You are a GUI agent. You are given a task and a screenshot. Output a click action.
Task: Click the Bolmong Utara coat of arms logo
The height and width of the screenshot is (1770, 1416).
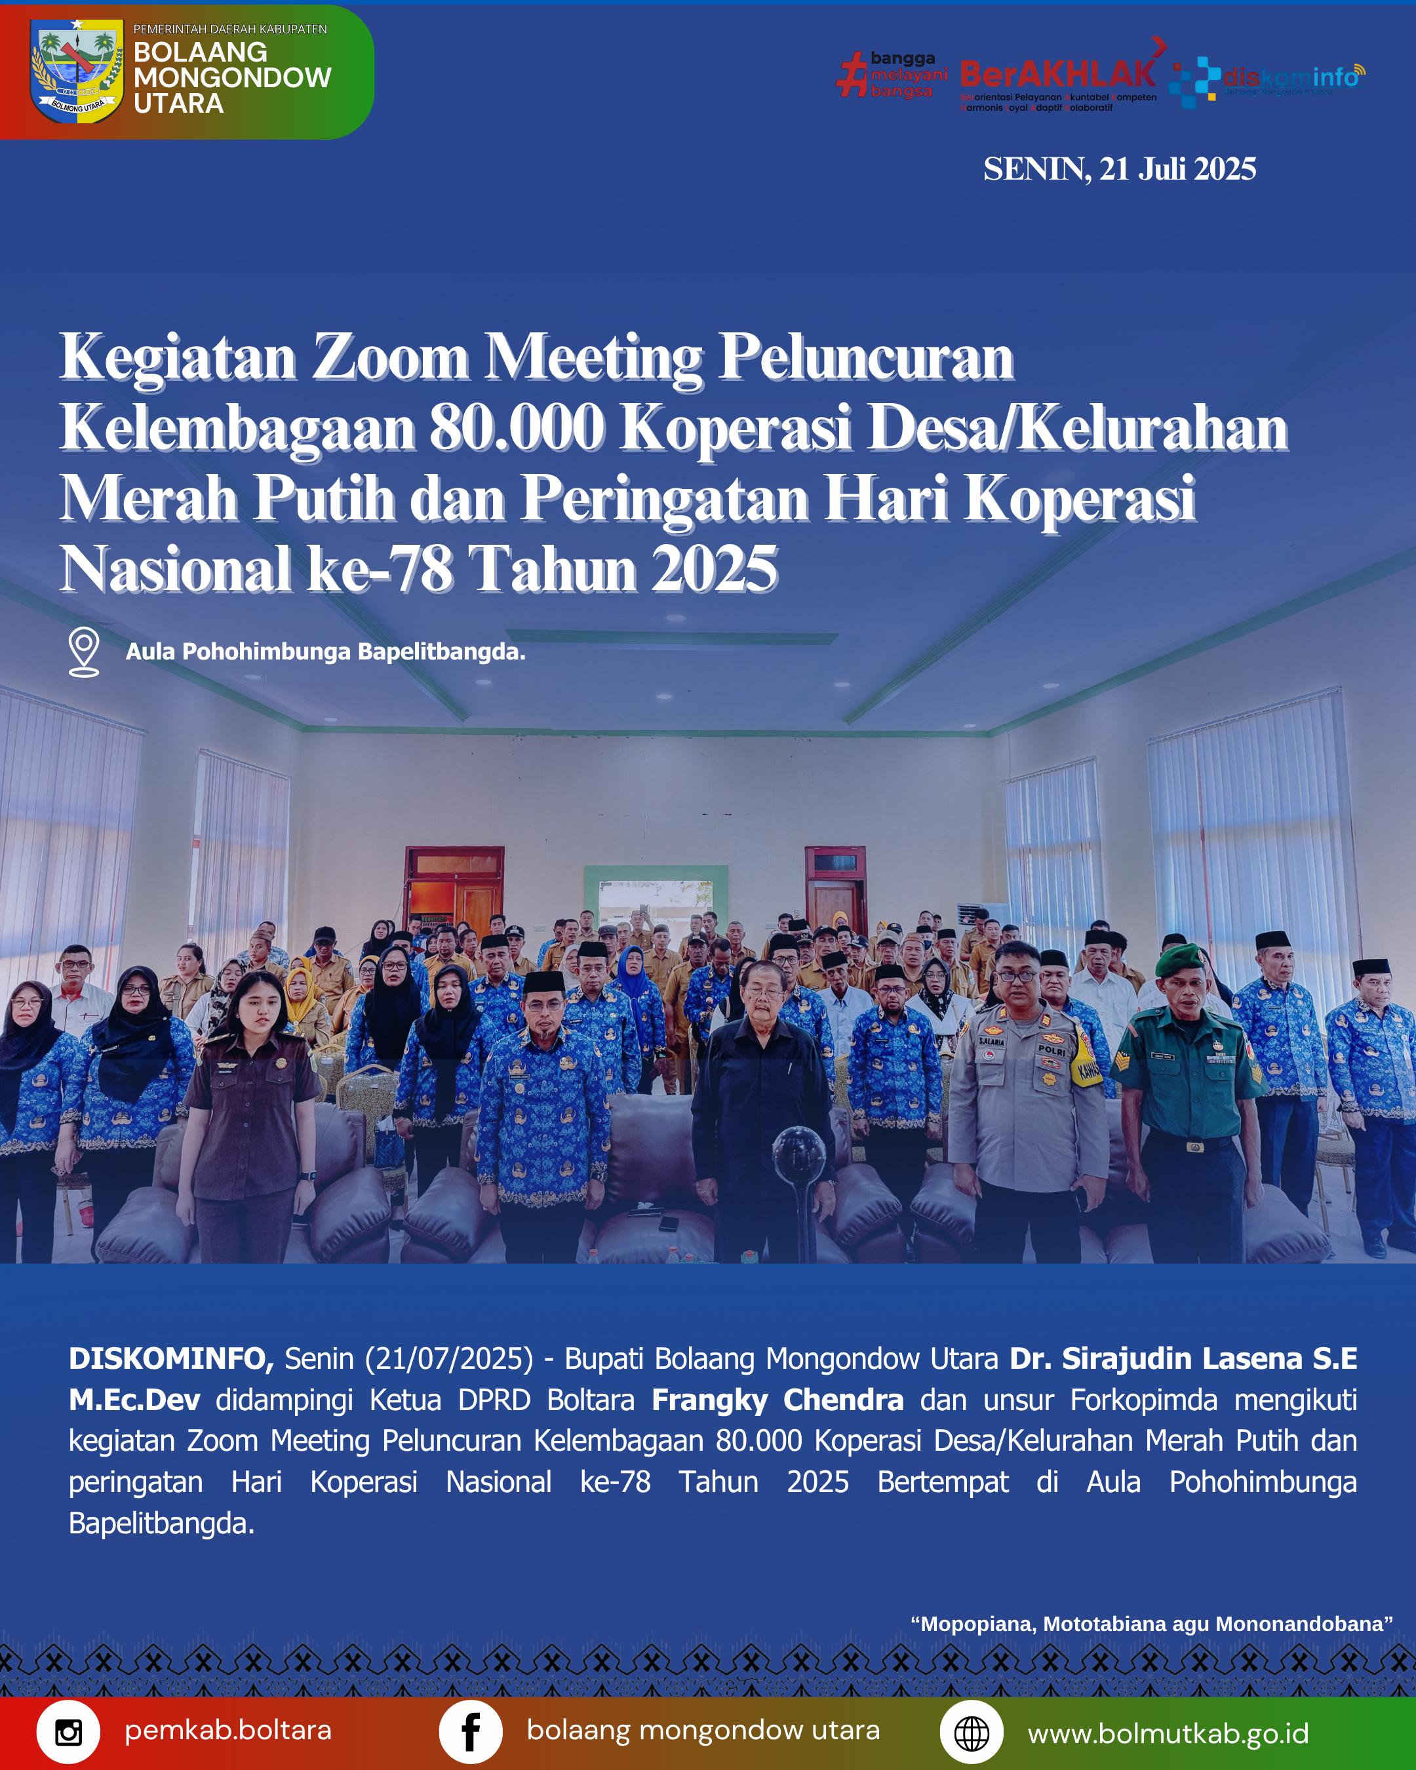click(x=76, y=71)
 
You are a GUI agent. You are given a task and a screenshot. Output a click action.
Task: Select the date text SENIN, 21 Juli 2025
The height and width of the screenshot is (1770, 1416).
click(x=1119, y=169)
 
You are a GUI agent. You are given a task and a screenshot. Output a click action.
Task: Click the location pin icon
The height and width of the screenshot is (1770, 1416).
click(x=84, y=651)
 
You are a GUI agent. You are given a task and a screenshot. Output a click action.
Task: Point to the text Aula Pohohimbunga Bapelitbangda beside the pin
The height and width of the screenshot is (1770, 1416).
click(x=325, y=652)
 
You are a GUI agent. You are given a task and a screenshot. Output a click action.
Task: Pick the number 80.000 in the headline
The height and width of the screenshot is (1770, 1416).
click(x=517, y=429)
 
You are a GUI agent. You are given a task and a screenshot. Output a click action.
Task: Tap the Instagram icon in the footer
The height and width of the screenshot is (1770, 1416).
click(x=68, y=1732)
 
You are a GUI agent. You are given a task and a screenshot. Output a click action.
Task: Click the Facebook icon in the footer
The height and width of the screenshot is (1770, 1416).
click(x=470, y=1732)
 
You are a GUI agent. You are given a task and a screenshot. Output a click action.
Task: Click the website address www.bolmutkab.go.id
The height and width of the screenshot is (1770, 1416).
click(x=1168, y=1733)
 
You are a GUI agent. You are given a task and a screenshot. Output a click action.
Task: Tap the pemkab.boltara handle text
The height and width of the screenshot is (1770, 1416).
click(x=228, y=1731)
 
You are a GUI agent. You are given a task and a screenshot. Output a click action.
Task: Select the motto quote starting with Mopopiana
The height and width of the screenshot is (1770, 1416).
click(x=1152, y=1624)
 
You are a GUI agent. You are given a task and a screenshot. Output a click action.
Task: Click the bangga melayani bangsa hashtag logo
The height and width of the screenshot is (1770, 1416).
click(x=892, y=75)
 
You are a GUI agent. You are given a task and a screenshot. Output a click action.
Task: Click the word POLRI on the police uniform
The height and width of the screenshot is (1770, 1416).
click(x=1052, y=1051)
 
